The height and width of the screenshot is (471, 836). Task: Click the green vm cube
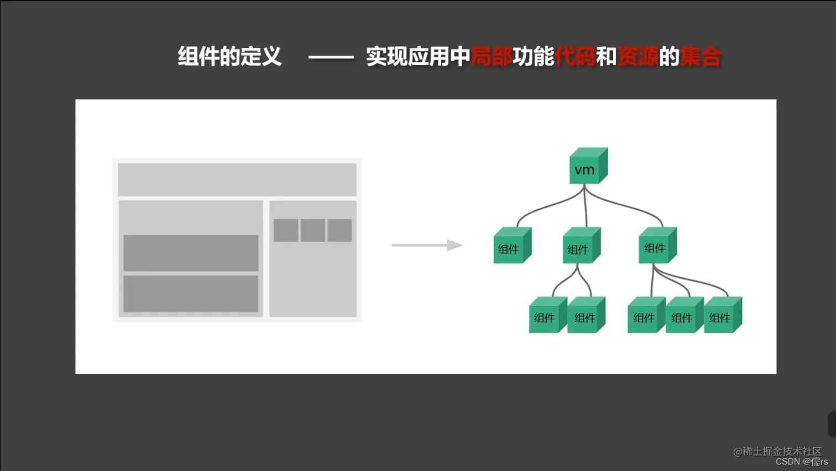(x=587, y=167)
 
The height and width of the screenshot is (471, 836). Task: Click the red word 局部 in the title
(x=492, y=56)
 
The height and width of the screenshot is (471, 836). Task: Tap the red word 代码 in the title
(x=575, y=56)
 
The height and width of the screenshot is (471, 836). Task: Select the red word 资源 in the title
(x=638, y=56)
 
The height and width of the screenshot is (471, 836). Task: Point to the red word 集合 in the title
(x=701, y=56)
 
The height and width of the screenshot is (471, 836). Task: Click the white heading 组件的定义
(x=229, y=56)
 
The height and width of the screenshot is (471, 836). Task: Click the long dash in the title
(x=331, y=57)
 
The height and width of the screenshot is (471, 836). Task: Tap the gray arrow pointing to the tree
(x=426, y=245)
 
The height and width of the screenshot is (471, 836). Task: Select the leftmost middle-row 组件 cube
(x=511, y=246)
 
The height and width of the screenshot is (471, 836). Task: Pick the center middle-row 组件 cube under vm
(x=581, y=246)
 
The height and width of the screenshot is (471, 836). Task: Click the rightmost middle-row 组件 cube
(x=657, y=246)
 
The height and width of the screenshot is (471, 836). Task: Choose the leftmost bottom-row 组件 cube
(x=547, y=315)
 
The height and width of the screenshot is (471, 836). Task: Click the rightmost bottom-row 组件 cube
(x=722, y=315)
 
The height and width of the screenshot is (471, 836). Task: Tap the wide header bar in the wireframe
(x=237, y=179)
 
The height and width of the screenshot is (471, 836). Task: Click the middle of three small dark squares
(x=312, y=230)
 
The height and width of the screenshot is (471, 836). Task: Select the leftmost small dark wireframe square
(x=286, y=230)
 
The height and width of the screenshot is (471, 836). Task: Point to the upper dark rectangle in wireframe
(x=191, y=253)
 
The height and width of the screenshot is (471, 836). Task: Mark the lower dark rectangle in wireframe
(x=191, y=294)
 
